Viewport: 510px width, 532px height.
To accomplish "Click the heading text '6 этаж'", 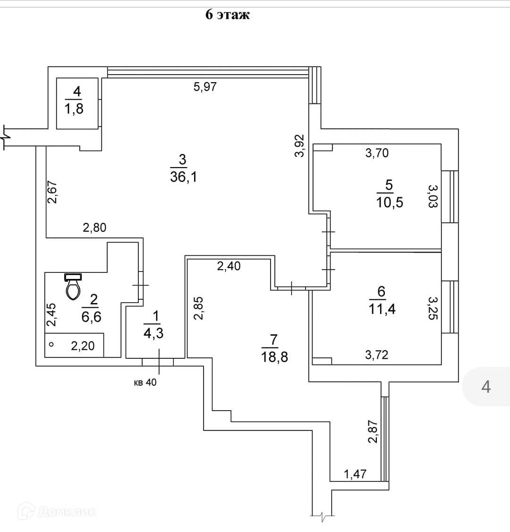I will coord(227,15).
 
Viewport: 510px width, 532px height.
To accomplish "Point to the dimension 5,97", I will coord(205,86).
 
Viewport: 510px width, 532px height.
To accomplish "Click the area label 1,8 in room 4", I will coord(74,109).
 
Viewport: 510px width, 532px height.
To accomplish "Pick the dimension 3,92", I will coord(299,146).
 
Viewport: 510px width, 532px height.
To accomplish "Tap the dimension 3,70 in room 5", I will coord(377,152).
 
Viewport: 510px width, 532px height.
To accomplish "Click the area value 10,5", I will coord(390,203).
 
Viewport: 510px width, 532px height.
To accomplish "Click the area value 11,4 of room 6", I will coord(382,309).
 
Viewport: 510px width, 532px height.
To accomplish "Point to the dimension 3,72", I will coord(376,355).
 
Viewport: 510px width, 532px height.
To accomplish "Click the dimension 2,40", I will coord(229,266).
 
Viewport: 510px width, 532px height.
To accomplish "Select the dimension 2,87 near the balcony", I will coord(373,431).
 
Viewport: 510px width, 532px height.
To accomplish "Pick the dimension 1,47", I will coord(355,474).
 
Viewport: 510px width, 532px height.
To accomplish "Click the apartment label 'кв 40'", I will coord(145,382).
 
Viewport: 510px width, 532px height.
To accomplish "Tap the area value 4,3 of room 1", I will coord(153,333).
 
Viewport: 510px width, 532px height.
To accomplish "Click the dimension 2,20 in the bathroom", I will coord(83,346).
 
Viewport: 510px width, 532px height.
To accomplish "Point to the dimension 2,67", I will coord(52,192).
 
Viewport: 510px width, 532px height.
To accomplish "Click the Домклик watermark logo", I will coord(57,511).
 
